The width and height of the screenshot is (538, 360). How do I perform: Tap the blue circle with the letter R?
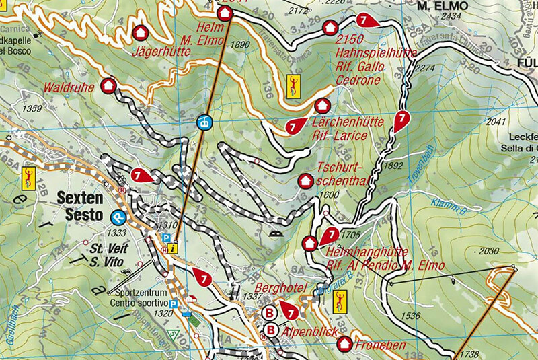[118, 217]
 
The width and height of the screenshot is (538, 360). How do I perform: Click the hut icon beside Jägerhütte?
[141, 32]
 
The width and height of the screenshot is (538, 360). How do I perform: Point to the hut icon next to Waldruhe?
[108, 85]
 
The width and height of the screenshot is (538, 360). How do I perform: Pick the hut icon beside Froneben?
[344, 344]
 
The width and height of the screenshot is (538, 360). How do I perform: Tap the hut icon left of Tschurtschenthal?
[305, 181]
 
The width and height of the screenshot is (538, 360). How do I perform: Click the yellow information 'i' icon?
[174, 247]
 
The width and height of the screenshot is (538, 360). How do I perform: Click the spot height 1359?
[32, 108]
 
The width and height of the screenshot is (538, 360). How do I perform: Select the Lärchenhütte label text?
[348, 122]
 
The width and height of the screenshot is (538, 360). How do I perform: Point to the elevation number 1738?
[470, 353]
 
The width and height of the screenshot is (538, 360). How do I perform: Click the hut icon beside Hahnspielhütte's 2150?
[330, 28]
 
